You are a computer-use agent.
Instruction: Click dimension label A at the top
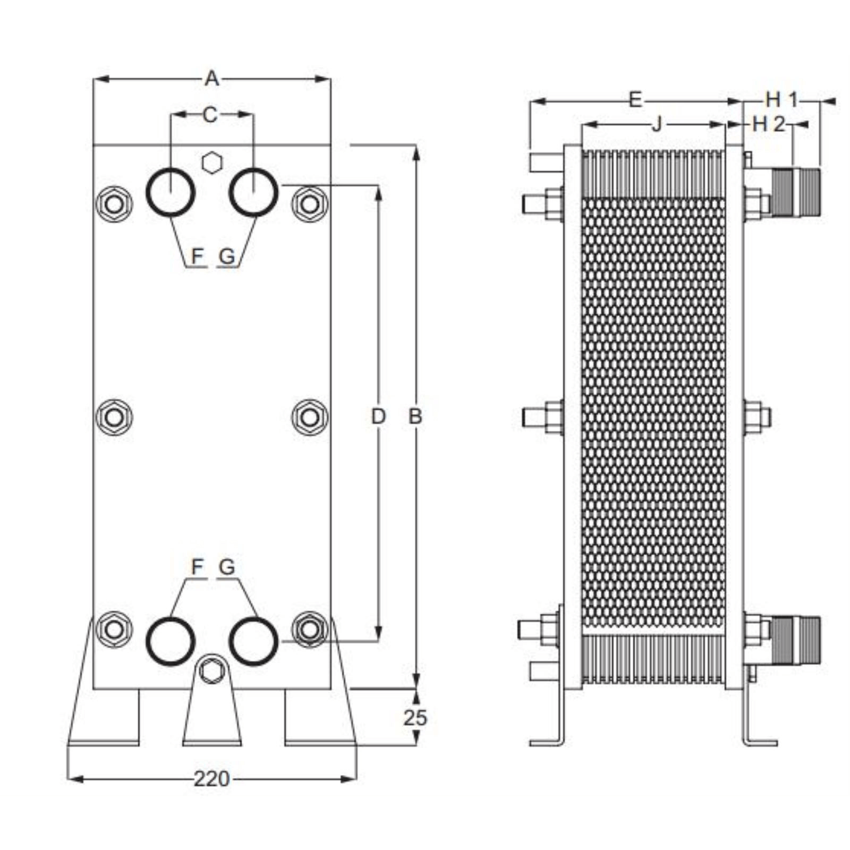(x=211, y=79)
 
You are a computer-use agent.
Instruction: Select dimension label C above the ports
(x=210, y=115)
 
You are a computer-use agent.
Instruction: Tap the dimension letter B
(x=415, y=416)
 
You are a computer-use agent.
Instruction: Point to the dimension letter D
(x=378, y=416)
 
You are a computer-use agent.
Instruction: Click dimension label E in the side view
(x=635, y=100)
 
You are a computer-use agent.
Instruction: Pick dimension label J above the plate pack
(x=657, y=125)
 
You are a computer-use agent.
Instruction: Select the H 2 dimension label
(x=768, y=125)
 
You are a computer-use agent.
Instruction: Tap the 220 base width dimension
(x=211, y=779)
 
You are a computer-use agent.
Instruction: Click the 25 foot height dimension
(x=415, y=718)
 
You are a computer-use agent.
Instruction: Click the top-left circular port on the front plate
(x=171, y=192)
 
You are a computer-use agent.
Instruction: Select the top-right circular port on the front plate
(x=253, y=192)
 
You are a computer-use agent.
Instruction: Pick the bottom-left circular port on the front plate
(x=171, y=641)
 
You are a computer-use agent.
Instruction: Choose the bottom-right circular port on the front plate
(x=253, y=641)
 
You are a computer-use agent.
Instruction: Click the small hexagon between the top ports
(x=212, y=163)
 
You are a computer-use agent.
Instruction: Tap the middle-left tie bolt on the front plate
(x=114, y=417)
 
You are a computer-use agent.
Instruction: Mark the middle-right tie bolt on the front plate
(x=310, y=417)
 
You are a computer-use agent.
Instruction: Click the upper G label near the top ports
(x=227, y=257)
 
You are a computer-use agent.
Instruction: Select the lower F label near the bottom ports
(x=197, y=567)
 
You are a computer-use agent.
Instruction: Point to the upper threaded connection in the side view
(x=795, y=191)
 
